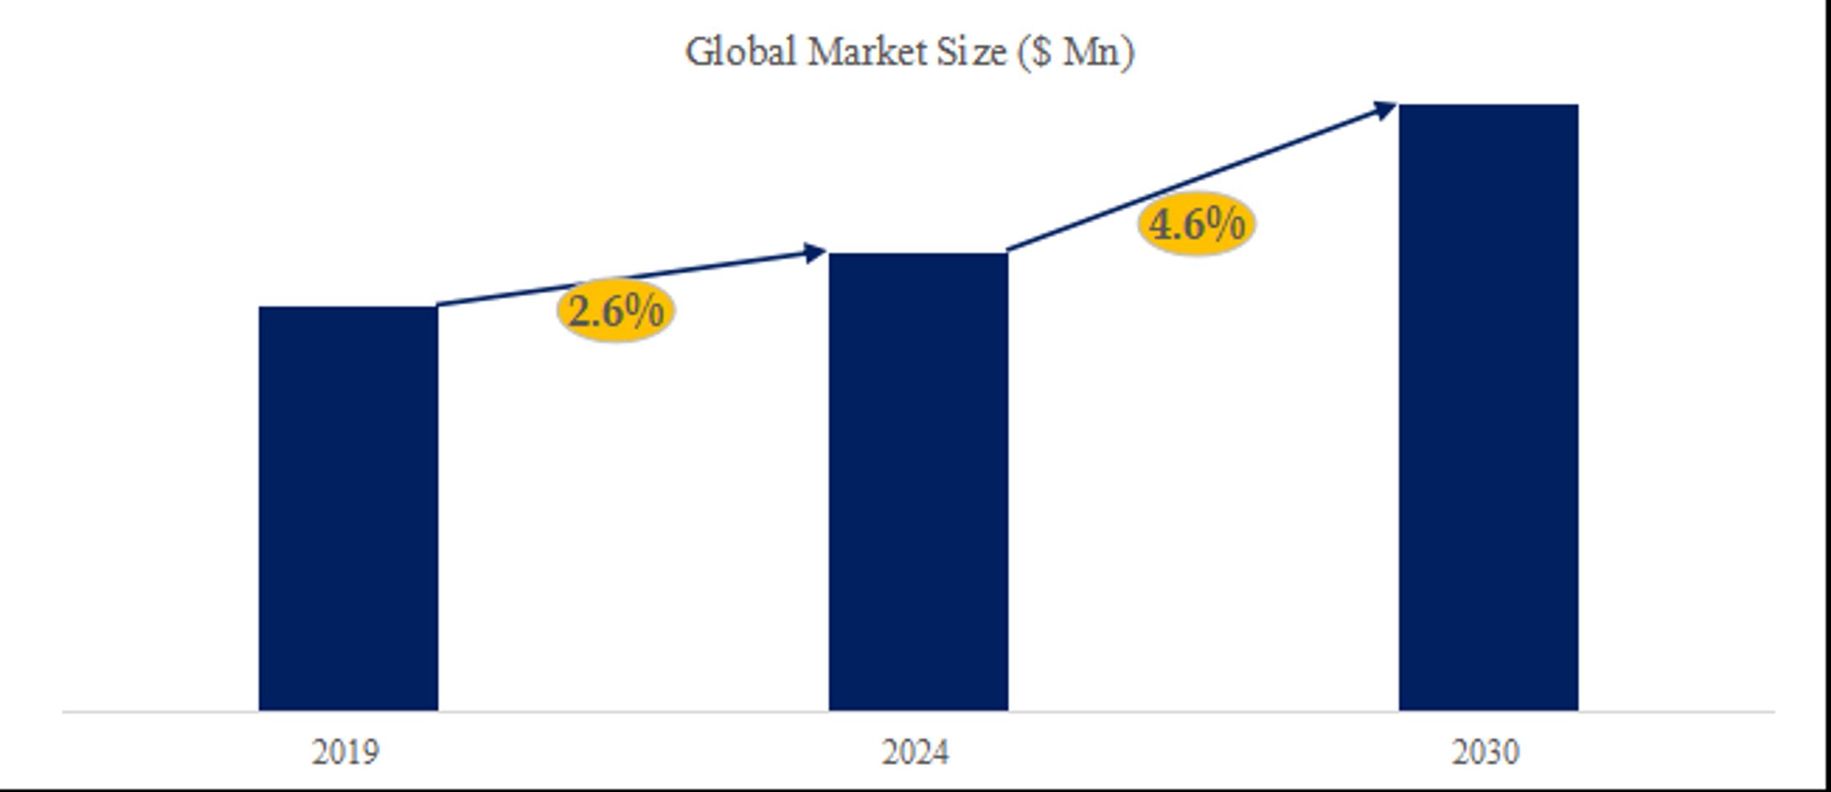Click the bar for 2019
348,508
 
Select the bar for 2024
918,481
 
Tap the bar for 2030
1488,407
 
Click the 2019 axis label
345,752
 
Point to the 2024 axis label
915,752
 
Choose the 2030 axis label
1486,752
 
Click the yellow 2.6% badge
615,311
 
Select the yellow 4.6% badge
1196,224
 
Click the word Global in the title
740,52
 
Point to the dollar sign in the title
1040,52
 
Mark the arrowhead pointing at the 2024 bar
814,252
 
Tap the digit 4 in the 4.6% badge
1161,225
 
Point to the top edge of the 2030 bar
1488,106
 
